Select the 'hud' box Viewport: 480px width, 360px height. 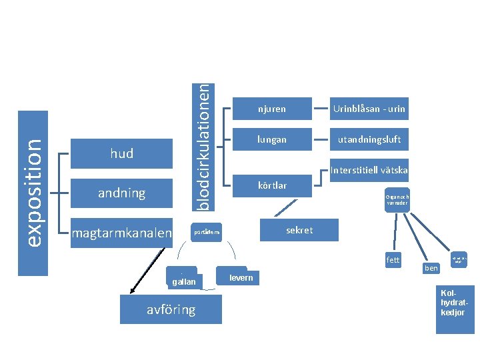tap(121, 154)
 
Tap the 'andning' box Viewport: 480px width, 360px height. tap(121, 193)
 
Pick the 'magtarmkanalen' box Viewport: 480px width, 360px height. tap(121, 233)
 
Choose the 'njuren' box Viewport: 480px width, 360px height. tap(272, 109)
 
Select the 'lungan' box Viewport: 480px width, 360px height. tap(272, 140)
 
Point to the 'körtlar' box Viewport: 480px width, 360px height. tap(272, 185)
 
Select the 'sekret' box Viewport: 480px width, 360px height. tap(299, 230)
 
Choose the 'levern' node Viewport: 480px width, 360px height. tap(241, 277)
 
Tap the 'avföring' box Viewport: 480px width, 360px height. tap(171, 309)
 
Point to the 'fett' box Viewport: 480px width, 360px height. tap(393, 259)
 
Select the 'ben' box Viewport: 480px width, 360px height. tap(431, 268)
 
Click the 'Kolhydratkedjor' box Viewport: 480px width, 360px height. tap(454, 308)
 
